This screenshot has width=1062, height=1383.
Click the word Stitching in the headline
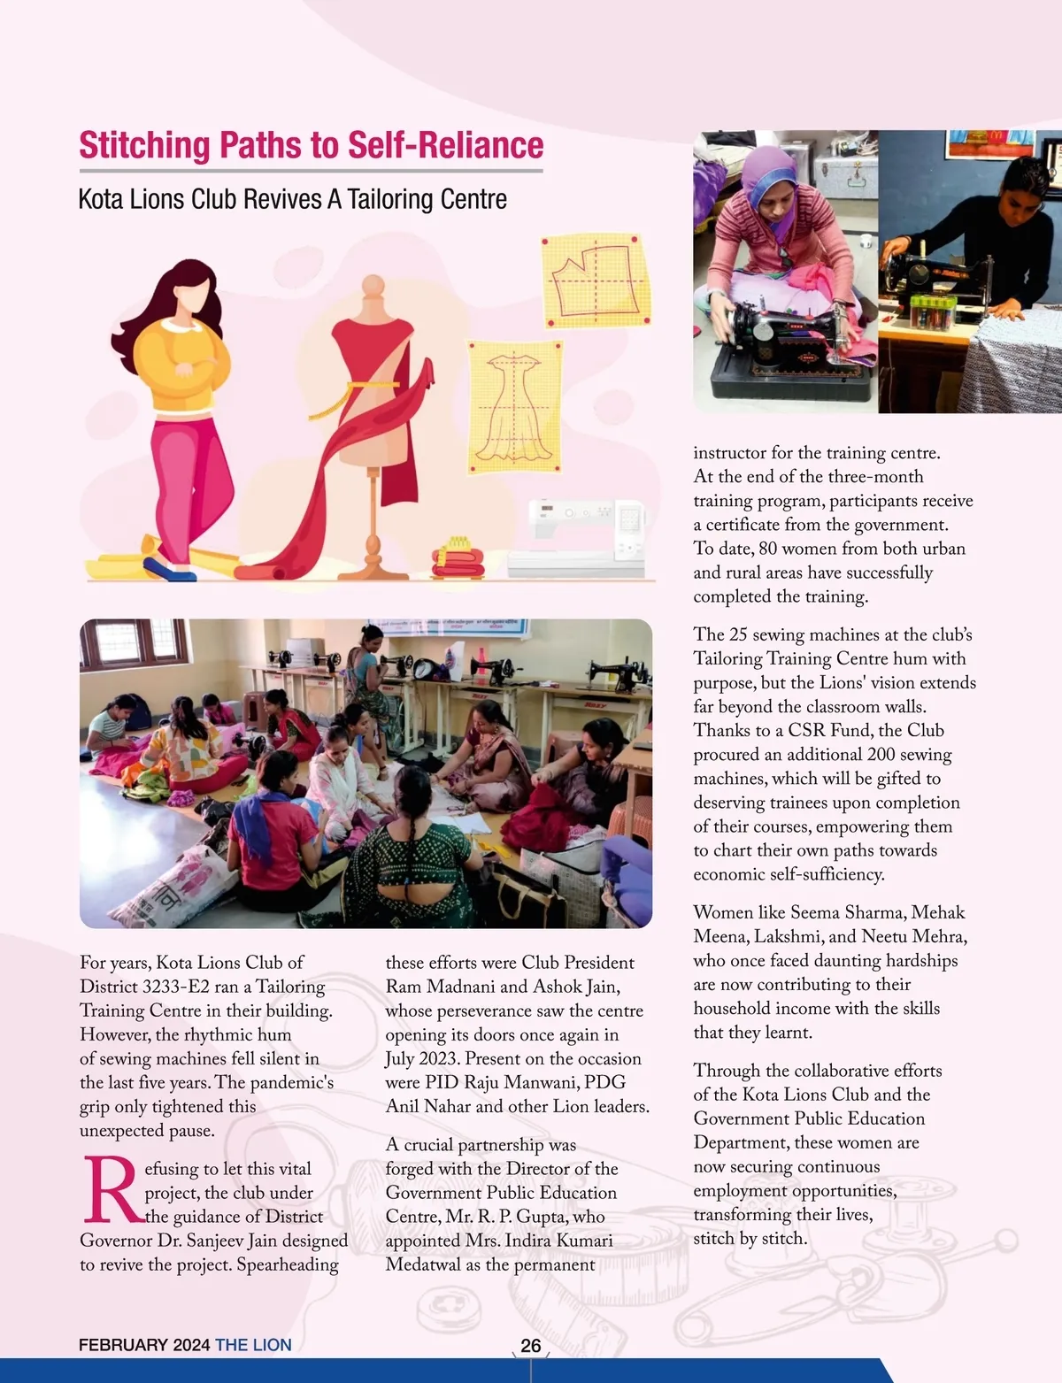point(144,146)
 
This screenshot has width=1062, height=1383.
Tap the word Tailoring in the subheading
point(389,199)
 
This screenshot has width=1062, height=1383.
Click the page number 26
point(530,1345)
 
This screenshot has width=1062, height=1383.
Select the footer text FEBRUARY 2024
point(143,1345)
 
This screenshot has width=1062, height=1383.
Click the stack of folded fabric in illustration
point(458,557)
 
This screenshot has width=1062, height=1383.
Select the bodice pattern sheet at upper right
point(595,280)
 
